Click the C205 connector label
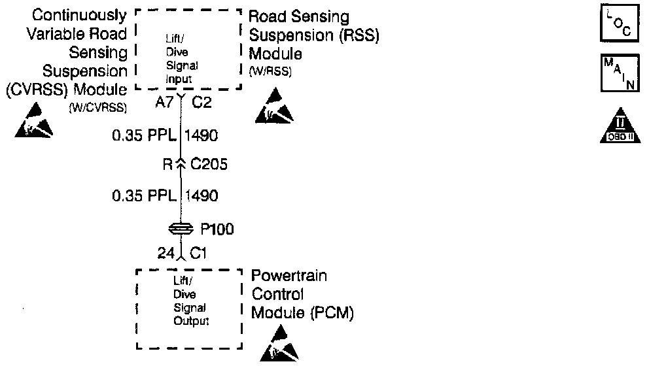(209, 165)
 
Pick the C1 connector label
(198, 252)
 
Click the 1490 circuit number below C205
(202, 195)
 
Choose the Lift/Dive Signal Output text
(190, 303)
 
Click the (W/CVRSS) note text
(97, 107)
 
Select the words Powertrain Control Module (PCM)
(302, 295)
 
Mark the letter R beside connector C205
(167, 165)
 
